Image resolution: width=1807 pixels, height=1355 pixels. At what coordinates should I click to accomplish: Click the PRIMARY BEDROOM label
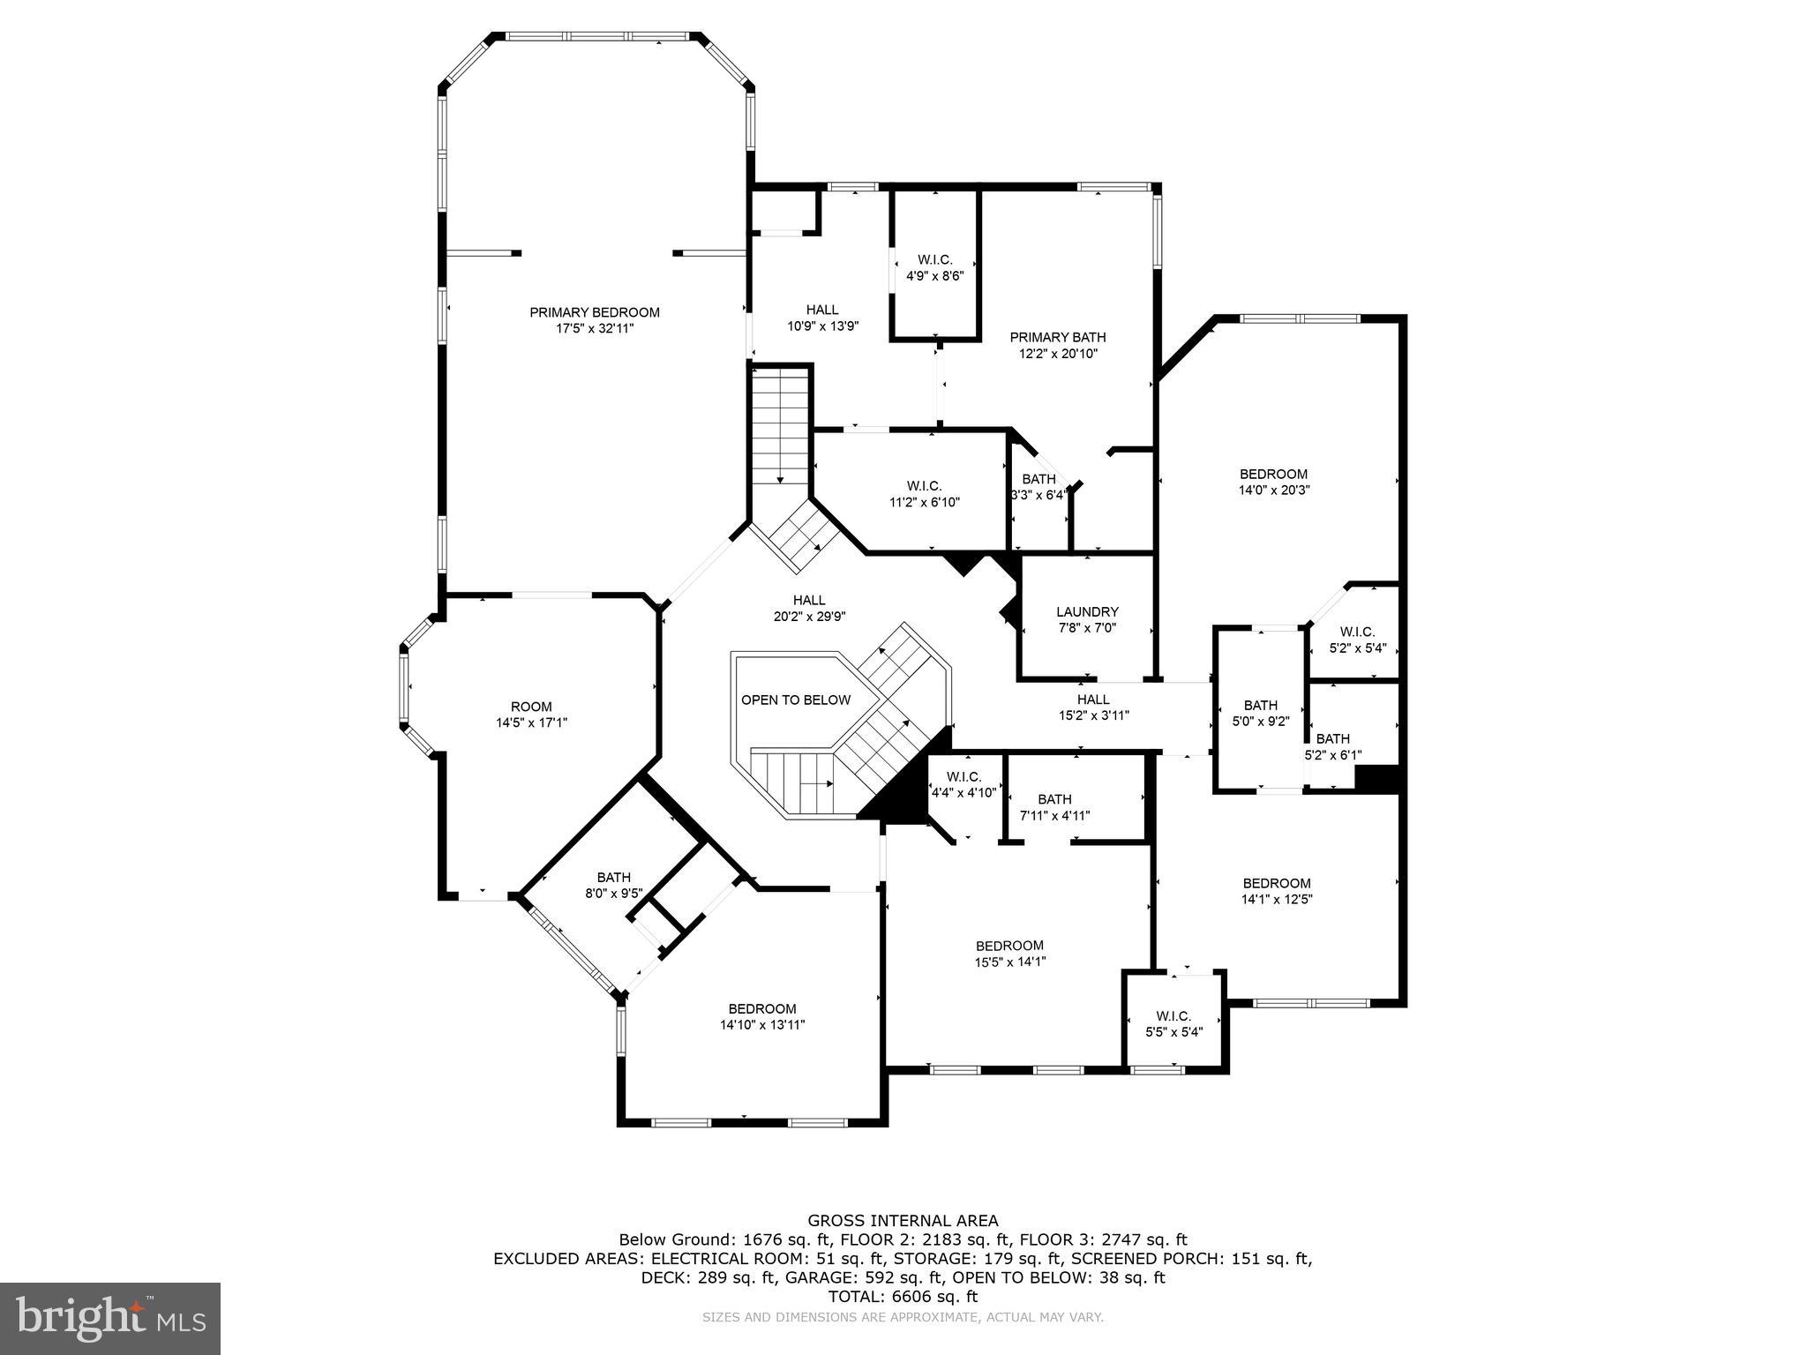tap(594, 312)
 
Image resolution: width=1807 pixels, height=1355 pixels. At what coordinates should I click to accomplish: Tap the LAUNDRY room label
tap(1087, 611)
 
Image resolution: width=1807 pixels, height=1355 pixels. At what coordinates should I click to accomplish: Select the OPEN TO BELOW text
tap(795, 700)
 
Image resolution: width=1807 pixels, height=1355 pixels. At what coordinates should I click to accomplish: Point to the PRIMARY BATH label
tap(1057, 337)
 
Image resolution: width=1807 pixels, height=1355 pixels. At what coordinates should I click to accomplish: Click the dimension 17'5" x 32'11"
tap(594, 328)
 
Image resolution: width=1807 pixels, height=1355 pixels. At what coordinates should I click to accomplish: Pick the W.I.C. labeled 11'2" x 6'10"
tap(924, 494)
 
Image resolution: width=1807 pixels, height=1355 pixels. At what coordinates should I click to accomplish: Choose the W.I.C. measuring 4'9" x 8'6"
tap(934, 267)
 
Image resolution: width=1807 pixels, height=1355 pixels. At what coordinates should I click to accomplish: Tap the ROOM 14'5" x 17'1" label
tap(531, 714)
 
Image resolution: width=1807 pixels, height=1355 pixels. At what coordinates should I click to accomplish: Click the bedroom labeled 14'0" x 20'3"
tap(1273, 482)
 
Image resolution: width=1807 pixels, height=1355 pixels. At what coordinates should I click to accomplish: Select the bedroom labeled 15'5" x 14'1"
tap(1009, 954)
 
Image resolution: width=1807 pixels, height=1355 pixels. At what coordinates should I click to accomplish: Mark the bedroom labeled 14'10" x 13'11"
tap(761, 1016)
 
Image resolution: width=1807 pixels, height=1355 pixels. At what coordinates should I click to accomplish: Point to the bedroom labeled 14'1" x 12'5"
tap(1276, 891)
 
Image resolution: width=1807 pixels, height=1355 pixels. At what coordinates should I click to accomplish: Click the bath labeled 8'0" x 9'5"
tap(613, 884)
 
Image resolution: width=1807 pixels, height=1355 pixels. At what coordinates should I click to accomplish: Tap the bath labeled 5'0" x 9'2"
tap(1260, 713)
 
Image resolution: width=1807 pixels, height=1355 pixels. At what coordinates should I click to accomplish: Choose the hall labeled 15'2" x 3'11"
tap(1093, 707)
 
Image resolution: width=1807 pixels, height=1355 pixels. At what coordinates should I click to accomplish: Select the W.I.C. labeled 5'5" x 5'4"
tap(1173, 1023)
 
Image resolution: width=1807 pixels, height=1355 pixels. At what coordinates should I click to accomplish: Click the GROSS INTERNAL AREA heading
tap(903, 1221)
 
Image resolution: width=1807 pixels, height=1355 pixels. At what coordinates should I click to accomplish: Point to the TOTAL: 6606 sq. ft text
tap(903, 1297)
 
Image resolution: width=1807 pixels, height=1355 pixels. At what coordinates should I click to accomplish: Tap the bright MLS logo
tap(110, 1318)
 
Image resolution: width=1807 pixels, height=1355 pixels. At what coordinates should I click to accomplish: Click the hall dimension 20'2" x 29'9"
tap(809, 617)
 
